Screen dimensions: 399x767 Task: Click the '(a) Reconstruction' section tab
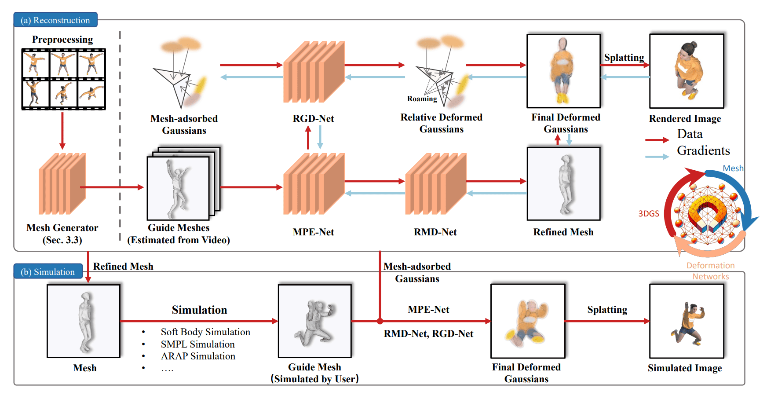point(55,20)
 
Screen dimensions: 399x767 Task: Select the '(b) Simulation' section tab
point(48,272)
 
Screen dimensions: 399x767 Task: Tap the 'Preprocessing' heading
point(62,40)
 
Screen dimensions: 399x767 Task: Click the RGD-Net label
point(313,119)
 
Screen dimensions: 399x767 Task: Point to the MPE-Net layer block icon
point(313,184)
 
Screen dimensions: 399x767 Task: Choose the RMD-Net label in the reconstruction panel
point(435,232)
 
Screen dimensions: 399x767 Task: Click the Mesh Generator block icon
point(62,184)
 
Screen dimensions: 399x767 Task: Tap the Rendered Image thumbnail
point(687,71)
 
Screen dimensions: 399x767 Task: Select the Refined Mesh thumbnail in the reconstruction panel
point(563,184)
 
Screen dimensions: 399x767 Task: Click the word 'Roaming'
point(422,99)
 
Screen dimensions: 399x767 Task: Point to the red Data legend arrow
point(657,140)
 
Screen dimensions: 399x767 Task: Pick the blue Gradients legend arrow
point(657,157)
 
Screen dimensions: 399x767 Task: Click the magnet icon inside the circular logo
point(707,213)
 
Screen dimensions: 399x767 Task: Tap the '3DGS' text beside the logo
point(649,214)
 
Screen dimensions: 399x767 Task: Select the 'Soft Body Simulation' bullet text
point(205,332)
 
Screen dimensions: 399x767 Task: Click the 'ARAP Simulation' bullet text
point(198,356)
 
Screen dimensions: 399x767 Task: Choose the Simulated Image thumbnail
point(687,321)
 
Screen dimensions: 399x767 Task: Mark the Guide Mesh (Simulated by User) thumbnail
point(314,321)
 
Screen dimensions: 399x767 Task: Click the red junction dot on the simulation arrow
point(380,321)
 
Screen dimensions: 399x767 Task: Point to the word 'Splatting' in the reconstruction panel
point(624,58)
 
